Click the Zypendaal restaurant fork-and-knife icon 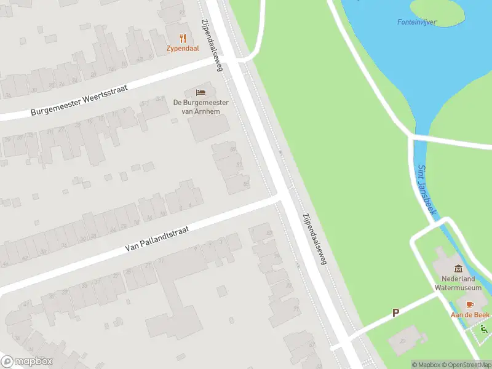tap(183, 38)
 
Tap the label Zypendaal tap(183, 49)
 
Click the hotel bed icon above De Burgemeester tap(200, 92)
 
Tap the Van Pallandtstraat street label tap(157, 239)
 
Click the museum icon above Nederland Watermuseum tap(458, 268)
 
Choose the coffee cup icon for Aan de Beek tap(470, 304)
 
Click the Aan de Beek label tap(470, 315)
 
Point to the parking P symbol tap(396, 312)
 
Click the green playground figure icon tap(483, 330)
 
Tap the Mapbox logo tap(27, 362)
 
